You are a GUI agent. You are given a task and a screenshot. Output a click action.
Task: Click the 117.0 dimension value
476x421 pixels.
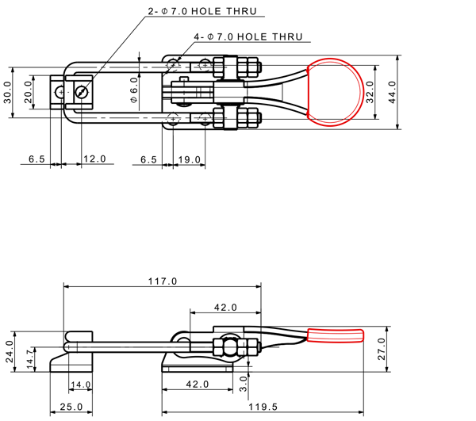(163, 281)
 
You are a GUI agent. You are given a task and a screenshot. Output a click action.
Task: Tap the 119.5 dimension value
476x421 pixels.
(263, 407)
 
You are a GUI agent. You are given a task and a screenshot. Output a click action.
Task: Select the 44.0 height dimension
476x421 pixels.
(392, 92)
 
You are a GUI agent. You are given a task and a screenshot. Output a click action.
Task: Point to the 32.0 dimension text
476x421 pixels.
(370, 92)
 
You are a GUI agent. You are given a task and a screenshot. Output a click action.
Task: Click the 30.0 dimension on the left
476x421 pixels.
(7, 92)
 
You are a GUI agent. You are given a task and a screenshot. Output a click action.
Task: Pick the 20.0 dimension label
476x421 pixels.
(28, 92)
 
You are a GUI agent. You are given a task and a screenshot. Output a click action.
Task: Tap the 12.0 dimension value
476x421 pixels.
(94, 159)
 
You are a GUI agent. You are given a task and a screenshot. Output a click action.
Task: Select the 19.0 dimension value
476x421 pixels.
(190, 159)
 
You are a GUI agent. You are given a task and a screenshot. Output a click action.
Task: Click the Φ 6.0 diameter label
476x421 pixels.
(134, 90)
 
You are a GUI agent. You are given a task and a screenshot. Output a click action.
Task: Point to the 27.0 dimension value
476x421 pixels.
(382, 349)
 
